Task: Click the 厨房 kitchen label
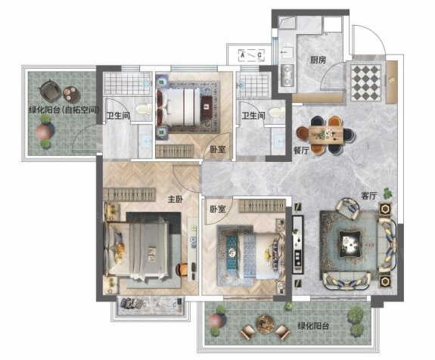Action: tap(318, 60)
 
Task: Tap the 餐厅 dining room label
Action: tap(301, 151)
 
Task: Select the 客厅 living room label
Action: tap(368, 196)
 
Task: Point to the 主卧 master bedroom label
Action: tap(176, 199)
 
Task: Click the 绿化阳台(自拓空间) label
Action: tap(64, 110)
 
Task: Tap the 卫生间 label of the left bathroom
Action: tap(118, 116)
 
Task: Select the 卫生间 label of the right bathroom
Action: tap(253, 116)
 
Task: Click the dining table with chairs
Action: tap(326, 135)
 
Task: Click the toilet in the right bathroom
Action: tap(277, 112)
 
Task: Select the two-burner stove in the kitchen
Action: tap(287, 75)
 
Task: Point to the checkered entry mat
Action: tap(366, 82)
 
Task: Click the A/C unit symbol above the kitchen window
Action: tap(252, 55)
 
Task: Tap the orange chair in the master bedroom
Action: tap(181, 269)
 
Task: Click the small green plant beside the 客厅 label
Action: tap(387, 193)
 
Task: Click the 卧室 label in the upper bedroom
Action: tap(218, 150)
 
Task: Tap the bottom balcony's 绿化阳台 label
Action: tap(313, 326)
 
